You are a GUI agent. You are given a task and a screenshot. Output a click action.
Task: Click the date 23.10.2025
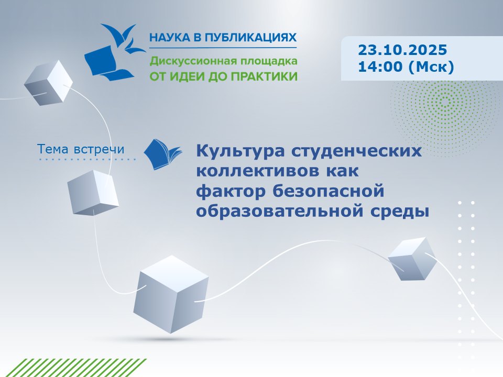(x=402, y=50)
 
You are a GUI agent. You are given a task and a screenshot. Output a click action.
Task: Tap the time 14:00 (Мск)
(x=406, y=67)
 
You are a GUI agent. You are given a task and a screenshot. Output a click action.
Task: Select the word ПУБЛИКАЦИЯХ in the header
(x=250, y=38)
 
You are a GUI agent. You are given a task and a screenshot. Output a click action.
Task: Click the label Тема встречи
(x=81, y=149)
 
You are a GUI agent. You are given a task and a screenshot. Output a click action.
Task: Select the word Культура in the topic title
(x=240, y=151)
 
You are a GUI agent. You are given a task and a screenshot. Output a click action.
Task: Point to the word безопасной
(x=329, y=191)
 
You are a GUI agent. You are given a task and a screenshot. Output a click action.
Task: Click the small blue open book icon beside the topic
(x=163, y=154)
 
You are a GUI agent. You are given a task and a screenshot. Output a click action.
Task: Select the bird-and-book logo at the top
(x=115, y=52)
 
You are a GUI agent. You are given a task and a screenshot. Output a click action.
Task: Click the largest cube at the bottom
(x=171, y=294)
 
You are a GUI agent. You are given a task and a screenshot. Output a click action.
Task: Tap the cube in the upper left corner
(x=48, y=83)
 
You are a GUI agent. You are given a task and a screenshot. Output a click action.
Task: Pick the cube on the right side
(x=412, y=259)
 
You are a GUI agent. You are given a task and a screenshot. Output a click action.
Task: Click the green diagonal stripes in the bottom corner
(x=73, y=368)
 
